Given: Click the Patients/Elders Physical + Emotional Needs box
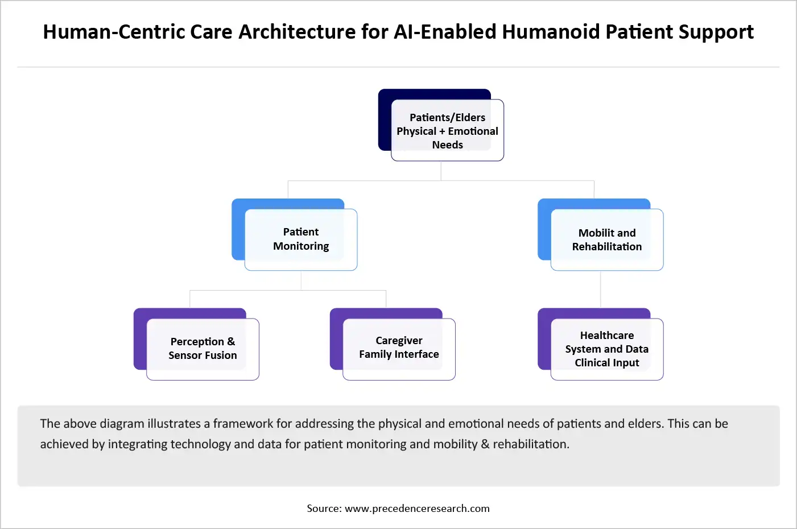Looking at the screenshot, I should coord(447,130).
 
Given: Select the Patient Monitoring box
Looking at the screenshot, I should coord(300,239).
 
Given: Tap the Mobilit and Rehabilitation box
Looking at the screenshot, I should coord(606,239).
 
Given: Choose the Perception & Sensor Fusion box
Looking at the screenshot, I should coord(203,349).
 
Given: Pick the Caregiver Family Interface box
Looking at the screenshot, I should coord(399,348).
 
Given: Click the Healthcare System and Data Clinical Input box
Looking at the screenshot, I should coord(606,349).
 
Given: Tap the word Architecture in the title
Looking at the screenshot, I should coord(296,32).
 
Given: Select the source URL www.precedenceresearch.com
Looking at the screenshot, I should coord(417,509).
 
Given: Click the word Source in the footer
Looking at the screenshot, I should coord(324,509).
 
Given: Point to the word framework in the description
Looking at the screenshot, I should coord(239,424).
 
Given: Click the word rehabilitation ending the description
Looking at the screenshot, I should coord(530,444).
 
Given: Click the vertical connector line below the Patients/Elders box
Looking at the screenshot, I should coord(441,171).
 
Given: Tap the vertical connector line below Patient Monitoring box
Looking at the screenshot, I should coord(301,280).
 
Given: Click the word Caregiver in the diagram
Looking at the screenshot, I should coord(399,341).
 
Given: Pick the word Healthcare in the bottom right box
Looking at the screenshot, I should coord(606,336).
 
